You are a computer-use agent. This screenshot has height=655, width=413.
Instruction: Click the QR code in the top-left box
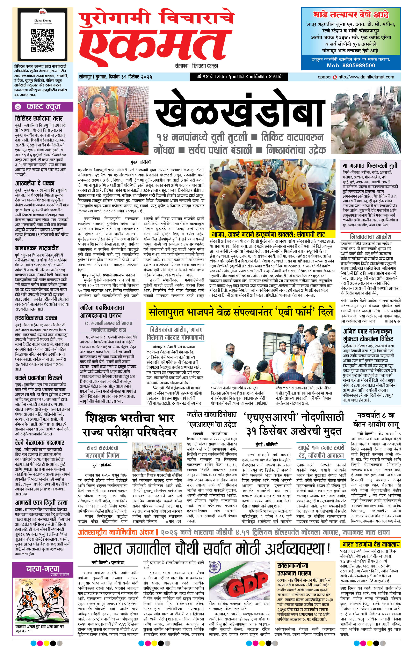[43, 40]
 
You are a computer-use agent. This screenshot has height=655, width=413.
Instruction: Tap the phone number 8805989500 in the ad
[351, 65]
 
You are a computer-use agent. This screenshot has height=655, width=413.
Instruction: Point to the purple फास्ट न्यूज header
[43, 107]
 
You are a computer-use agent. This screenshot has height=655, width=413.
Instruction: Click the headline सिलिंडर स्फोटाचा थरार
[39, 118]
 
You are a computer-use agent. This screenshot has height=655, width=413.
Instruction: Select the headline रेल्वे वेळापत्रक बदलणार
[39, 443]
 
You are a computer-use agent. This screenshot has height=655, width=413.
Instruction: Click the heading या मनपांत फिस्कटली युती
[370, 165]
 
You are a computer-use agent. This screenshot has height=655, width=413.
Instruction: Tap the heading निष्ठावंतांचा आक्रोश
[370, 236]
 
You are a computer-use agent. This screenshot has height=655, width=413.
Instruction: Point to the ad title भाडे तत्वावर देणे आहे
[351, 14]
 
